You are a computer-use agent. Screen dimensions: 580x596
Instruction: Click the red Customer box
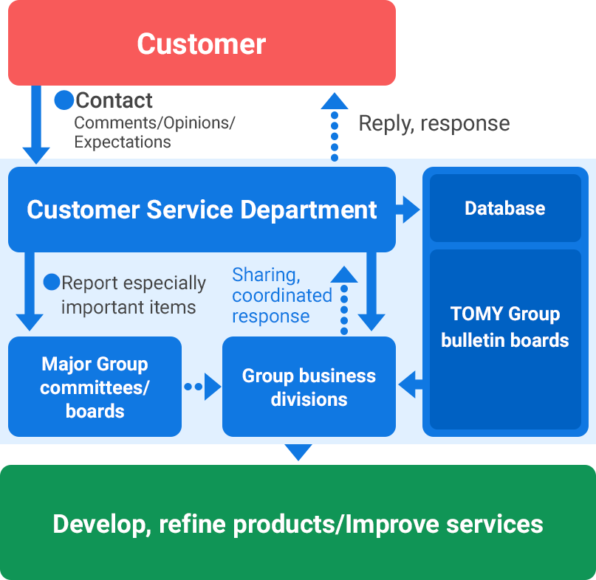202,43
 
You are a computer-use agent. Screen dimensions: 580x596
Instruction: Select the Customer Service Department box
202,210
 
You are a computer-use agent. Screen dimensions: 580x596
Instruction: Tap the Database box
505,208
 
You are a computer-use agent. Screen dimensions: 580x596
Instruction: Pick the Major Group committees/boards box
95,387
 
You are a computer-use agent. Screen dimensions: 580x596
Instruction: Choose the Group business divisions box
309,387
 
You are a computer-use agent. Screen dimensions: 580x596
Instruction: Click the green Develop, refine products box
298,524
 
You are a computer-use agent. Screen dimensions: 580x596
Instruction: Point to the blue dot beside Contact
64,100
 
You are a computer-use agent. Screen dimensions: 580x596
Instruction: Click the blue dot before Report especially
52,282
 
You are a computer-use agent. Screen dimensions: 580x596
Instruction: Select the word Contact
114,100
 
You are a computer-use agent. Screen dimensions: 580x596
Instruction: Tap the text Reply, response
434,123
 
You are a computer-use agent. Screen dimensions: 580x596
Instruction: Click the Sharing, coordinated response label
282,295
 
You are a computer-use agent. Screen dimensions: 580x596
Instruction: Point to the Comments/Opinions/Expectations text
154,131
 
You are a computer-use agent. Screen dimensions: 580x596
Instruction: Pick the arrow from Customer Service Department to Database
408,210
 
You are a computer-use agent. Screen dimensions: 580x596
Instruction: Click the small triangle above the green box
298,452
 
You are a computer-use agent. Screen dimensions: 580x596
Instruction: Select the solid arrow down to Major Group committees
30,291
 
